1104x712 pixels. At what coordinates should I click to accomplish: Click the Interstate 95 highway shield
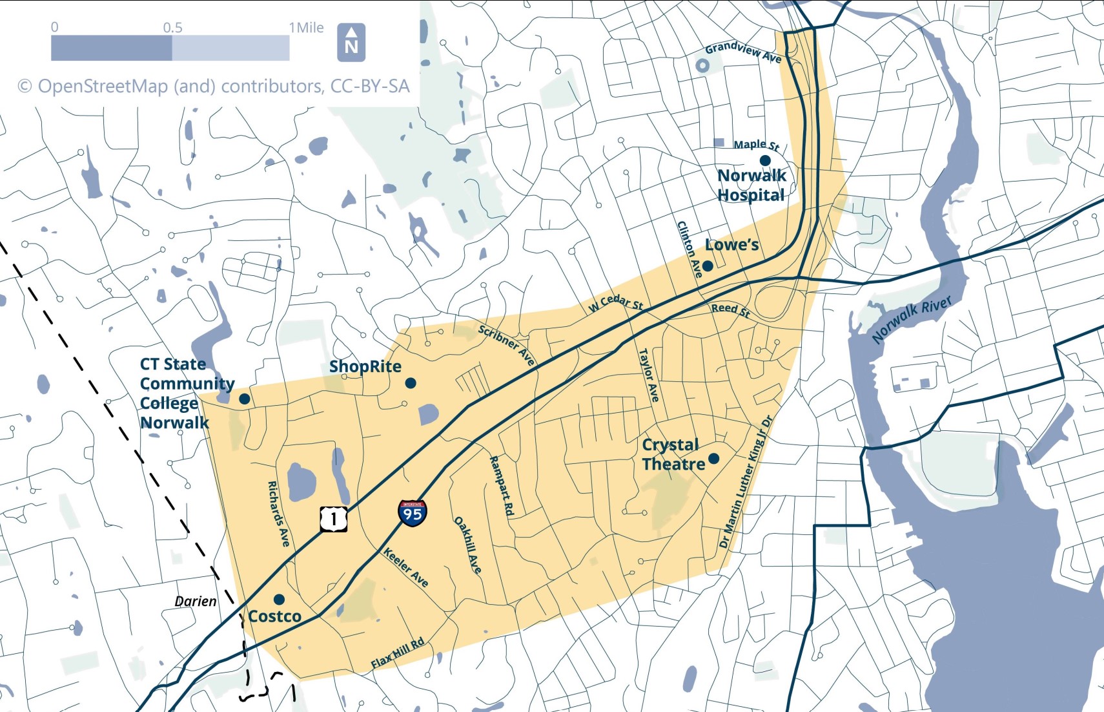click(x=412, y=513)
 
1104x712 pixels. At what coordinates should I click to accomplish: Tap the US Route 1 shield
click(x=333, y=519)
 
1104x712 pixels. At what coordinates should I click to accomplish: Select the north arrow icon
click(x=351, y=42)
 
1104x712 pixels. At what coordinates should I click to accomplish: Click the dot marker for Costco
click(x=279, y=600)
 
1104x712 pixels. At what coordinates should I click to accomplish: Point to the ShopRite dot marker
click(x=410, y=383)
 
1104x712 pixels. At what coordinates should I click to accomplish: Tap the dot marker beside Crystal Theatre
click(x=713, y=458)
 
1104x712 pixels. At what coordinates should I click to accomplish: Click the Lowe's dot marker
click(x=707, y=266)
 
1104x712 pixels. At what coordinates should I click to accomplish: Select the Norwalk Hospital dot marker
click(x=765, y=160)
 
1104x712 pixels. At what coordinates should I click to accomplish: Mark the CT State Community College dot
click(x=244, y=399)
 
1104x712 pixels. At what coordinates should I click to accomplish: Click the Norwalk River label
click(x=911, y=320)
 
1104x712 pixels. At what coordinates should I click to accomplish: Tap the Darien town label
click(x=196, y=602)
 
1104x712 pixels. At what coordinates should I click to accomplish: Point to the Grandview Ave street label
click(x=743, y=52)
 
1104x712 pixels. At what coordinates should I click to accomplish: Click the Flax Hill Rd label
click(x=398, y=653)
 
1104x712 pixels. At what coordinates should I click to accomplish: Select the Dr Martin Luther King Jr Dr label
click(x=746, y=481)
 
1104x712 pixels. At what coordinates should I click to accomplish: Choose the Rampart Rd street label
click(x=502, y=486)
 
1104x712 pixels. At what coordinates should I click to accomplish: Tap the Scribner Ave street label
click(x=507, y=345)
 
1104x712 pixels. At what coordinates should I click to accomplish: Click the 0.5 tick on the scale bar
click(x=172, y=28)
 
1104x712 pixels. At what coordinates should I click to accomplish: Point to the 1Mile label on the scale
click(x=306, y=28)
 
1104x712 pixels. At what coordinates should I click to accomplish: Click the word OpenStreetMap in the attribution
click(x=103, y=86)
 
